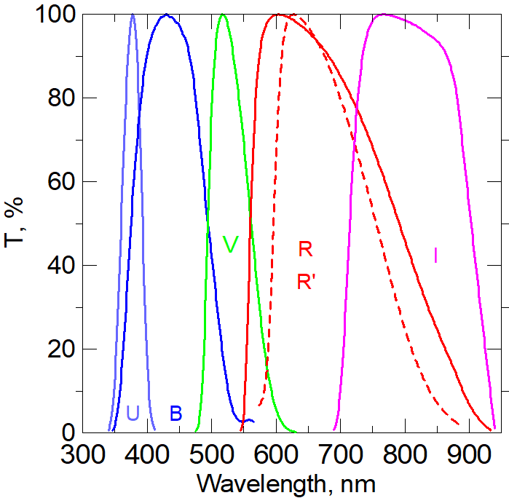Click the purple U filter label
coord(133,414)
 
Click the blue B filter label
coord(175,414)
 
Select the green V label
coord(230,245)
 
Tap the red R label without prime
coord(305,249)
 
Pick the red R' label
coord(307,282)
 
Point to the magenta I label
coord(435,256)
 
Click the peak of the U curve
coord(133,14)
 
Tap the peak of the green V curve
coord(224,14)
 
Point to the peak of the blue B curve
coord(167,15)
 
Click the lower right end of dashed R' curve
coord(459,423)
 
